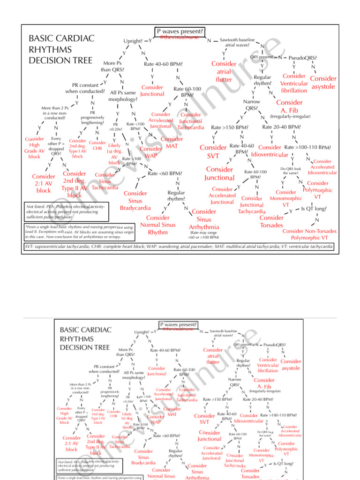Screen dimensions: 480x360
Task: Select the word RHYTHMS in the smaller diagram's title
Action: (x=77, y=338)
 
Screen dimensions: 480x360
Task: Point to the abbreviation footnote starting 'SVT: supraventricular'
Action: (x=178, y=247)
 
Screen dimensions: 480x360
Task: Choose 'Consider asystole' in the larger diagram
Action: (x=323, y=82)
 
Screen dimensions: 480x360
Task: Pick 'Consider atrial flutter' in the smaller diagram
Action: (x=212, y=356)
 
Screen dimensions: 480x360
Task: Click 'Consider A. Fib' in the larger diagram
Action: (x=289, y=106)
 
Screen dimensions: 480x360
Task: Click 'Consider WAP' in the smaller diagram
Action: (x=155, y=420)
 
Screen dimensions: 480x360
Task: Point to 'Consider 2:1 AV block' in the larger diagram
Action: (x=44, y=183)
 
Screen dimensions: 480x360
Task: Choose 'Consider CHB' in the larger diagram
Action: (x=97, y=145)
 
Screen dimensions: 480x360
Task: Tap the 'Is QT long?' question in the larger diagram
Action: (x=314, y=209)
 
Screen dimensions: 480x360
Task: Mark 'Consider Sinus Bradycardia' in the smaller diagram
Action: (x=143, y=457)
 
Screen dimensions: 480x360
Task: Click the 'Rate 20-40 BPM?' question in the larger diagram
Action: (x=281, y=127)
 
